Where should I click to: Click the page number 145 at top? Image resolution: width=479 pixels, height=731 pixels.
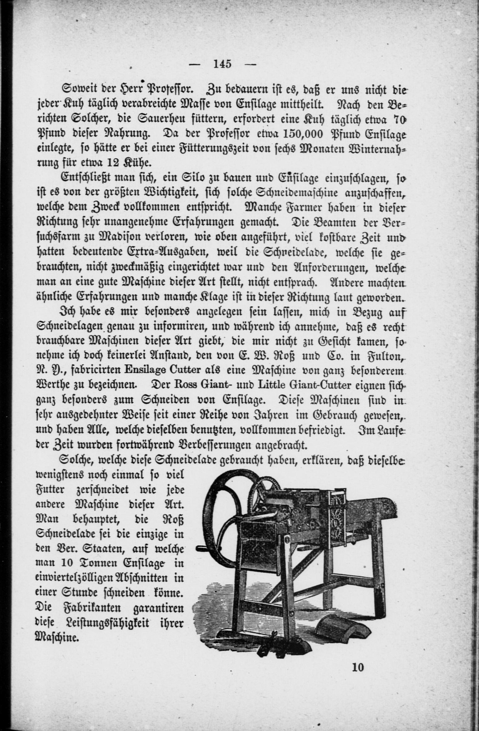pyautogui.click(x=222, y=64)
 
